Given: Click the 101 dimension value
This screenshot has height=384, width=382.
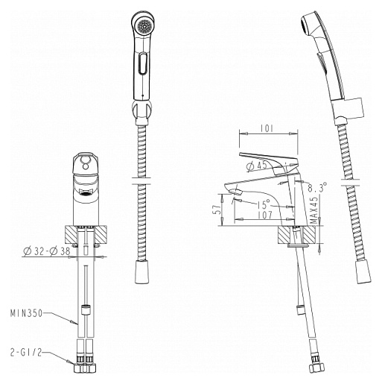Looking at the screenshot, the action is tap(267, 128).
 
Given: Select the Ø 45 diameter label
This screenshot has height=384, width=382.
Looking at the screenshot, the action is tap(257, 166).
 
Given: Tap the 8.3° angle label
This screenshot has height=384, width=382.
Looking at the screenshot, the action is tap(317, 187).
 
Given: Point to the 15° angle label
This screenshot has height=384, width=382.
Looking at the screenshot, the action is tap(264, 204).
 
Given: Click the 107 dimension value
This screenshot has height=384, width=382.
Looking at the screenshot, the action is tap(265, 215).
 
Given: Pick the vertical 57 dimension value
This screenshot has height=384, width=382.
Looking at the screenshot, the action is tap(217, 209).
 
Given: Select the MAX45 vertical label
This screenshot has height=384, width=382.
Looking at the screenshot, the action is tap(314, 210).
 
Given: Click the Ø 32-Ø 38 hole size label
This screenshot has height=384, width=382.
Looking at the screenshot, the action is tap(47, 251).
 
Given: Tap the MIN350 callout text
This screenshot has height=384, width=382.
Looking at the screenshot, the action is tap(26, 313).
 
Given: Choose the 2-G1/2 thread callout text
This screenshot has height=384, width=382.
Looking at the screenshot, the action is tap(26, 353).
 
